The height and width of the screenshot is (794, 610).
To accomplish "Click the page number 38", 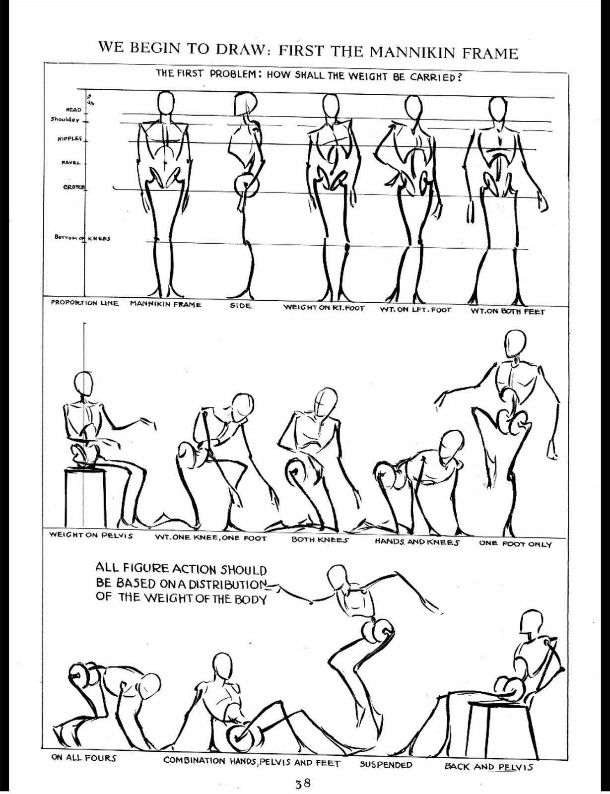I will pos(303,784).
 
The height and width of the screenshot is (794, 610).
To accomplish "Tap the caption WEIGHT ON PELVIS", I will pos(91,536).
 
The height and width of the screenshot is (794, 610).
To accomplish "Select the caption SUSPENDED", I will pos(386,765).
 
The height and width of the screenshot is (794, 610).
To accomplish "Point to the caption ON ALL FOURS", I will pos(83,758).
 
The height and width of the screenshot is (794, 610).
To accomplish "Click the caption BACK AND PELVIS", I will pos(488,767).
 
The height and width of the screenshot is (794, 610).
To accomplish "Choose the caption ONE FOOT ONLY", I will pos(515,544).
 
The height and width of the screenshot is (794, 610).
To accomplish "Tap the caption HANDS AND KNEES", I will pos(416,542).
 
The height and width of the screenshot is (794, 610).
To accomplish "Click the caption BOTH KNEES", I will pos(320,539).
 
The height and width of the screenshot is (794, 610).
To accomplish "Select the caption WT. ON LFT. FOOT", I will pos(415,310).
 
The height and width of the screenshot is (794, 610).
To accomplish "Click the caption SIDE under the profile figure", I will pos(241,306).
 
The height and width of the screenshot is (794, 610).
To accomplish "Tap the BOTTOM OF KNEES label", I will pos(82,238).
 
